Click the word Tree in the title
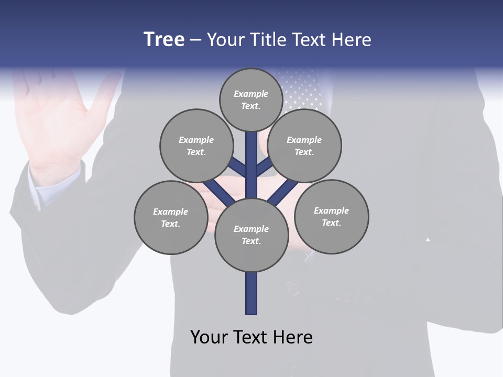click(x=164, y=40)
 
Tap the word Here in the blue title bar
click(x=352, y=40)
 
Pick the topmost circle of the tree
click(x=251, y=99)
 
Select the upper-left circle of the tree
click(x=196, y=146)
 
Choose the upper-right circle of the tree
click(x=304, y=146)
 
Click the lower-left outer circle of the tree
click(x=171, y=217)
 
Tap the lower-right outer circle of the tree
click(x=331, y=216)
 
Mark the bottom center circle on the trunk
click(x=251, y=235)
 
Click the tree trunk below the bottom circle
click(x=251, y=293)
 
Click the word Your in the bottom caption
click(x=209, y=337)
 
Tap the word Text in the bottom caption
click(x=249, y=337)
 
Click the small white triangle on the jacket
click(x=428, y=239)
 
